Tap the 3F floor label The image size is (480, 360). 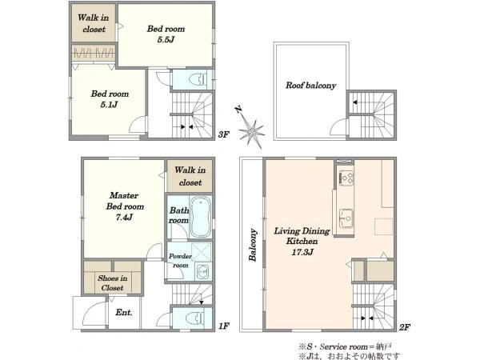(223, 134)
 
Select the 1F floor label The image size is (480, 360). (224, 326)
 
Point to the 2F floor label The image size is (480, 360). (404, 327)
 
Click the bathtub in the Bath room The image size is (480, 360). (201, 217)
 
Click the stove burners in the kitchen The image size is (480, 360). (346, 178)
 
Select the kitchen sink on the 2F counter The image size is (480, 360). (346, 218)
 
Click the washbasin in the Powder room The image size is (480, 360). (202, 271)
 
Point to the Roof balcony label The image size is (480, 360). (310, 85)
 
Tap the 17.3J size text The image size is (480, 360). (302, 252)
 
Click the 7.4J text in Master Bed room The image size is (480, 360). (124, 217)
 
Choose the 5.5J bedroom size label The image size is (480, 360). (166, 39)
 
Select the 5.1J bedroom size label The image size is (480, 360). (109, 105)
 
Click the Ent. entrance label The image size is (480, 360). (124, 313)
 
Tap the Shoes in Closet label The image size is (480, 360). (112, 283)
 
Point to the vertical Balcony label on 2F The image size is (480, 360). (253, 245)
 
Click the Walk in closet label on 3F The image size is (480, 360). (94, 23)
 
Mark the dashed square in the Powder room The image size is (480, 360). (202, 251)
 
